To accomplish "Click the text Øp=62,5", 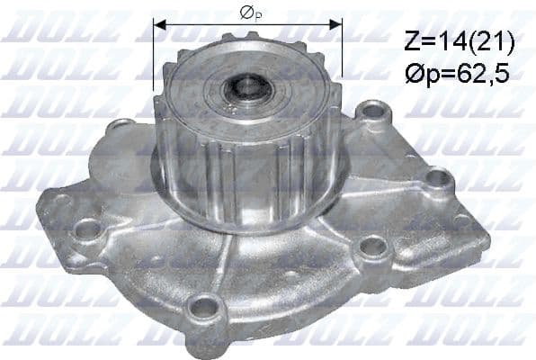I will (x=457, y=74).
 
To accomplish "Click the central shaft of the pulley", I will (x=246, y=88).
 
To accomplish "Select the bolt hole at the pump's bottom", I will (x=205, y=309).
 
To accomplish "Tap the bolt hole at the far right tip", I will (x=439, y=178).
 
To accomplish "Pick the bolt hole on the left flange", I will (x=87, y=229).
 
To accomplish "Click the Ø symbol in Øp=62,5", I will (x=413, y=74).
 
